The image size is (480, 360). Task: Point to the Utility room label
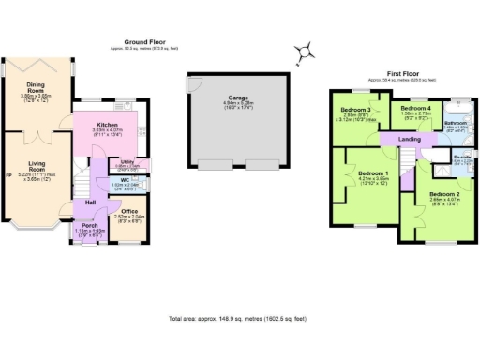[x=128, y=161]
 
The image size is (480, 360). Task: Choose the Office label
[x=129, y=212]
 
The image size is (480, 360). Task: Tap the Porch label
[x=91, y=226]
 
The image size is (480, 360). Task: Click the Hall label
[x=91, y=202]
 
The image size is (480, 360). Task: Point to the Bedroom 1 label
[x=373, y=173]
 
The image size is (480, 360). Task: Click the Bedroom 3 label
[x=354, y=111]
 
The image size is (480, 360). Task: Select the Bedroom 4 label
[x=414, y=108]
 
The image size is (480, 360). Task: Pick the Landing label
[x=410, y=139]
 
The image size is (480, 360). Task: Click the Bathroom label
[x=456, y=123]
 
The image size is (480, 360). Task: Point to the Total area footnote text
[x=240, y=319]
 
